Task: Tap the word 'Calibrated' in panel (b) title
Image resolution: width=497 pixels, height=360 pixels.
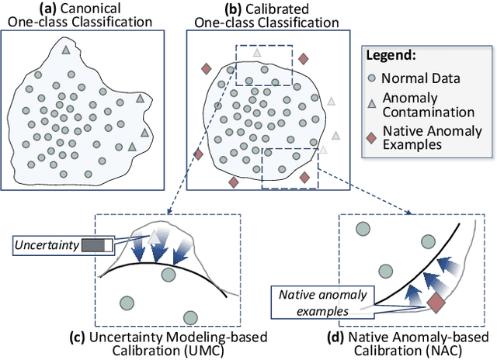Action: (x=261, y=9)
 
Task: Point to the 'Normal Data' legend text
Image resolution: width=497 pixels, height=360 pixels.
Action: (x=426, y=78)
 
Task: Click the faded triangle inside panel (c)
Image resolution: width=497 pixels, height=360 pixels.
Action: (x=155, y=234)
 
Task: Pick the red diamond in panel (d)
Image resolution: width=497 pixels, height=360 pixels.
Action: (x=436, y=302)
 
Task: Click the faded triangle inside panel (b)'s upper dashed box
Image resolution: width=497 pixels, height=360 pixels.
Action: (x=257, y=54)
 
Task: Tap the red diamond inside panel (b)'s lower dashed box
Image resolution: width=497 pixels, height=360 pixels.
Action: (x=304, y=178)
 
